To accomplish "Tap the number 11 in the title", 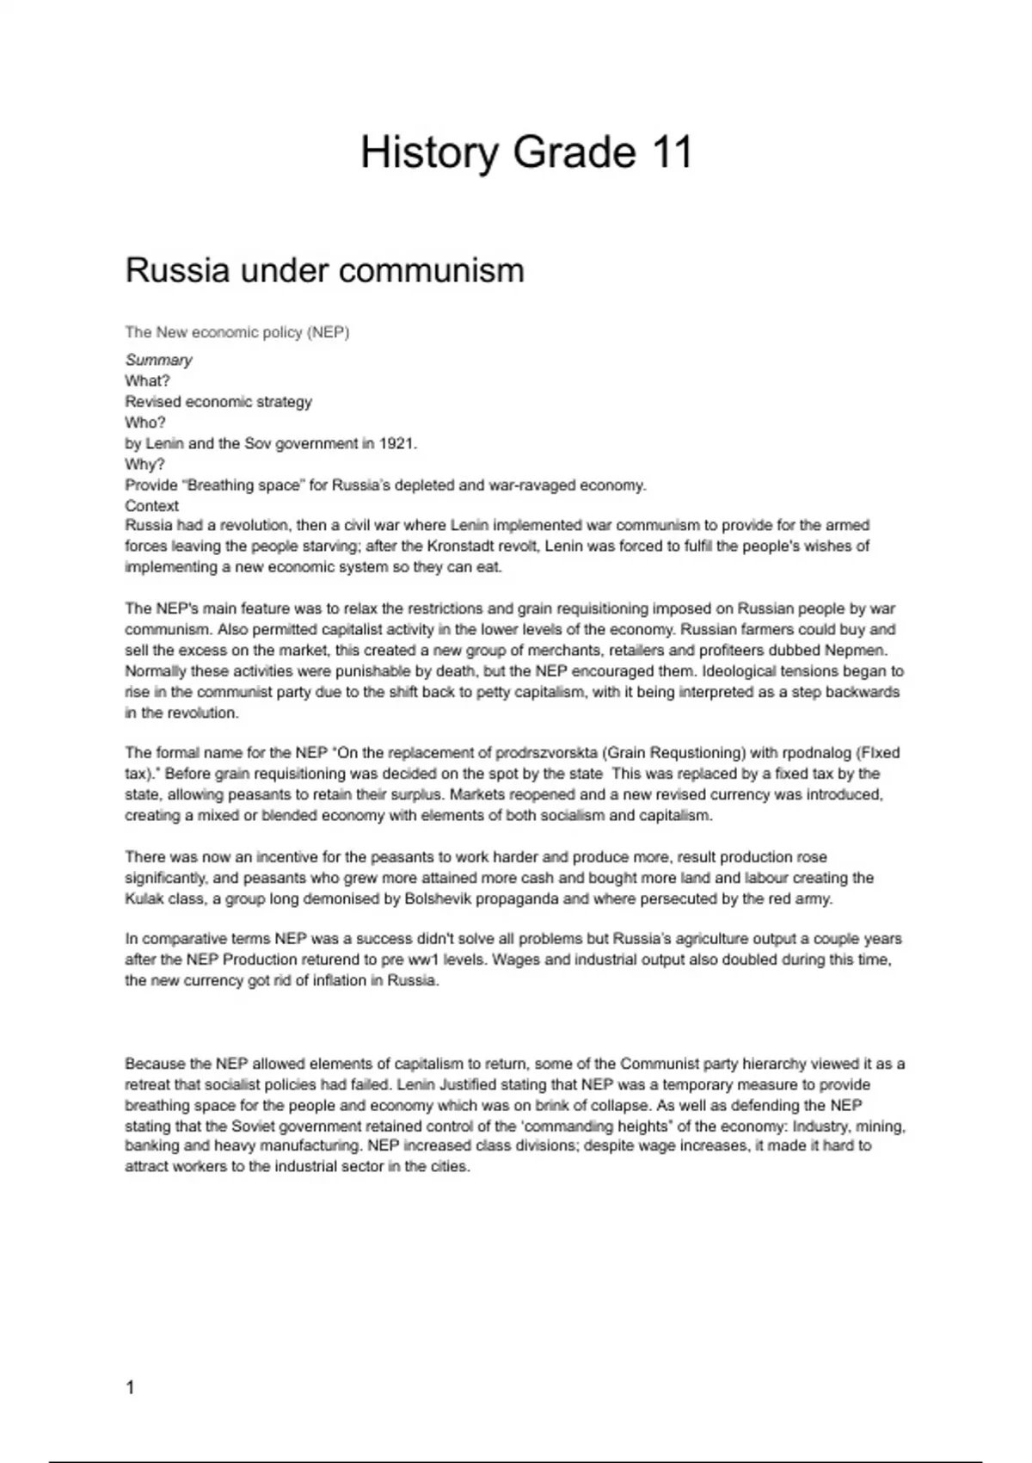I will [672, 153].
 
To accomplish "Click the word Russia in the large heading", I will [177, 270].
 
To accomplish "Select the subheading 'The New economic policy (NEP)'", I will [237, 332].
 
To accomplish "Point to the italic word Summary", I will [158, 360].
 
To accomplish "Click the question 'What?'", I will [148, 380].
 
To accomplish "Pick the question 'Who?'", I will [145, 423].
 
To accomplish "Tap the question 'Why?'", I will [144, 465].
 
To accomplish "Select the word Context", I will [152, 506].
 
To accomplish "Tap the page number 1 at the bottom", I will [130, 1387].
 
